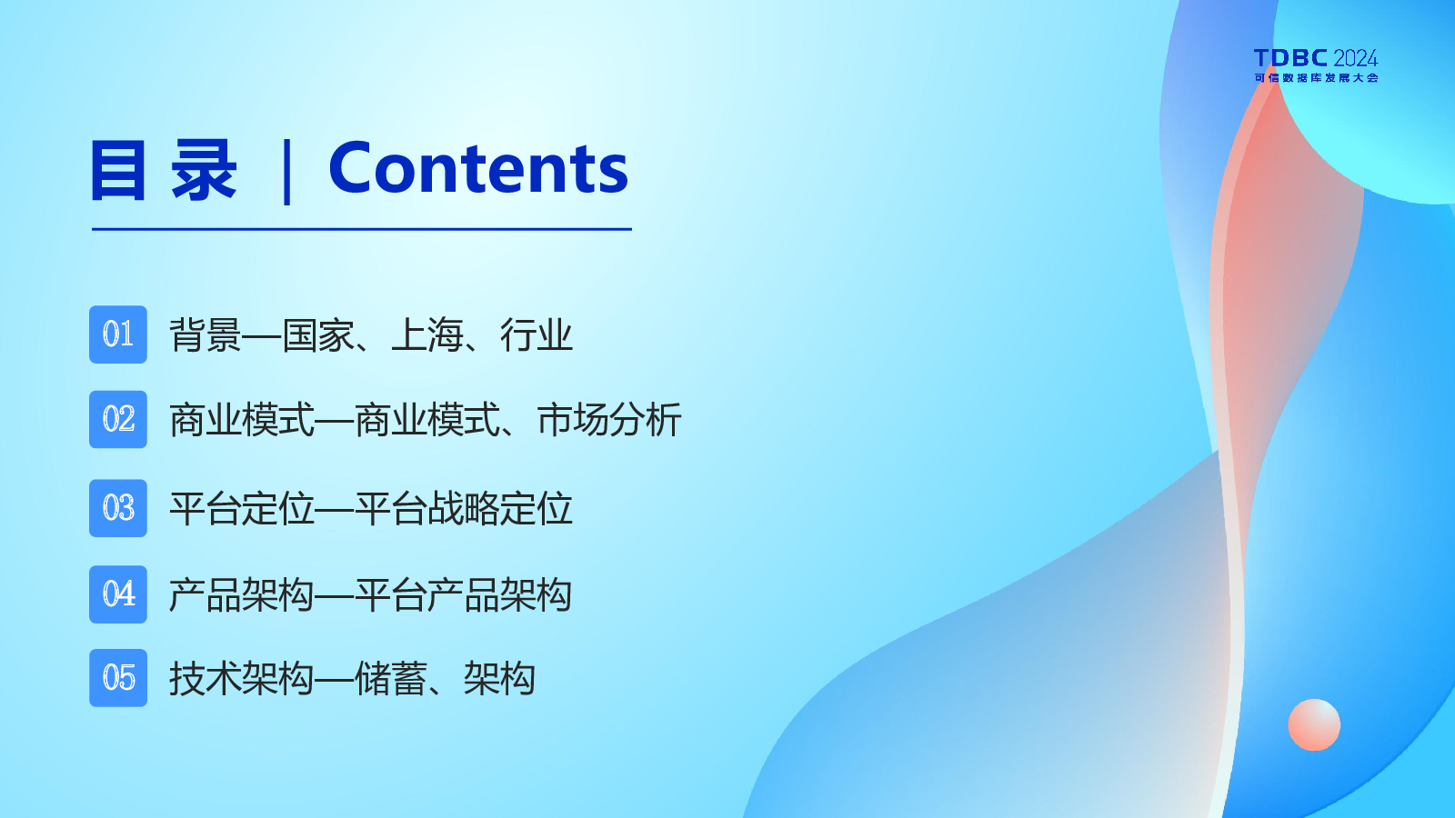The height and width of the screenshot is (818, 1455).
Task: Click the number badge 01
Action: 118,334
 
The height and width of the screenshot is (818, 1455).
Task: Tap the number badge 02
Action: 118,419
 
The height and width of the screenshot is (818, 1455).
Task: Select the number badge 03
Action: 118,508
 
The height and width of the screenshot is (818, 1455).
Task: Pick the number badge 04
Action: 118,594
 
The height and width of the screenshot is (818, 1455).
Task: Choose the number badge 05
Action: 118,678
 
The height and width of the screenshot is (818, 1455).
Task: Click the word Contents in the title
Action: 478,168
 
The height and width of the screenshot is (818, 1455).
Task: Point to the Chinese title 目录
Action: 164,170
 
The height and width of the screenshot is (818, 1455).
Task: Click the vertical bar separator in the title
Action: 287,172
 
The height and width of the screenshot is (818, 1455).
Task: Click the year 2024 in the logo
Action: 1356,58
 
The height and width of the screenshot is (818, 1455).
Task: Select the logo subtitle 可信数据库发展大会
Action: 1316,78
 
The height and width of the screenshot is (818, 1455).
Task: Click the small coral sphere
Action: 1314,725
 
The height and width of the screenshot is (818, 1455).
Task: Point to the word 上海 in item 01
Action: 426,335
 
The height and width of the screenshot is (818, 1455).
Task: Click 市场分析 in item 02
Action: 609,420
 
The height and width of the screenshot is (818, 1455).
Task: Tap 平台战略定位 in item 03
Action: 464,508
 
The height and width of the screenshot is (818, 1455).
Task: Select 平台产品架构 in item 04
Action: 464,594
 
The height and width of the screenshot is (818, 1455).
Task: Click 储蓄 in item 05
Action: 390,679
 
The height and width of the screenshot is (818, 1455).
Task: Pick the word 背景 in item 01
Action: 206,335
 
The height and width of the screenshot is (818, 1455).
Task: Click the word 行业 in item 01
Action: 537,335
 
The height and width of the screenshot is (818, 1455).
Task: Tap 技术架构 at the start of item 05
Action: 242,679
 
